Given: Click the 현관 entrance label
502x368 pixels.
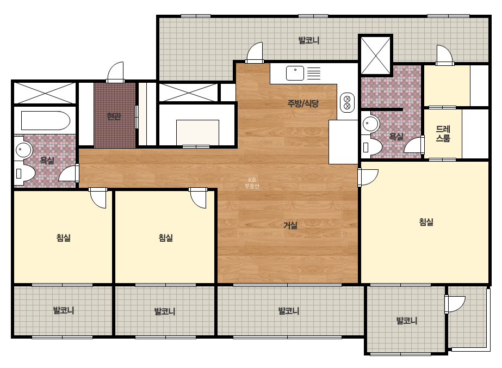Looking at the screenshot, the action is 114,116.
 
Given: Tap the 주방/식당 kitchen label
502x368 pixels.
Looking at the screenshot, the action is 303,103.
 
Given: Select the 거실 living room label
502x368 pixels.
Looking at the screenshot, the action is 290,225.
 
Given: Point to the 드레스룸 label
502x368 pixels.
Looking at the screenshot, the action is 443,134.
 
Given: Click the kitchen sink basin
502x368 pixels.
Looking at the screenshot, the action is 295,73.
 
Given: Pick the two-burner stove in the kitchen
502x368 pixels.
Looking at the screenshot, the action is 347,102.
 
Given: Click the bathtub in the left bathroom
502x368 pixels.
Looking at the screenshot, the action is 45,120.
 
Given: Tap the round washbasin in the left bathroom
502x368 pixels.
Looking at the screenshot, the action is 23,150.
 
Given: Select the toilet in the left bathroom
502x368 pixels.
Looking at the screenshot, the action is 24,174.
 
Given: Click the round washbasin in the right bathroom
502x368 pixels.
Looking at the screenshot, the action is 370,124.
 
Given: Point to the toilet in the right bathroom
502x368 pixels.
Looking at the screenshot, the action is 371,147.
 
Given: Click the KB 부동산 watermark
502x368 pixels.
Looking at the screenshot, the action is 252,183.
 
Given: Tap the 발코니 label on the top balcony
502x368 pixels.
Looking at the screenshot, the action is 308,40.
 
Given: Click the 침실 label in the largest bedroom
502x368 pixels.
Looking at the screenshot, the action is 426,222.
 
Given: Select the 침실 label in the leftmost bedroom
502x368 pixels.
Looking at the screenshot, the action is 64,238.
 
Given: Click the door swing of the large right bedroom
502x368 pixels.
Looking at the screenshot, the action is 369,177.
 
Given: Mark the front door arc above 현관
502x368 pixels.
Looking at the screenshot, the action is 115,71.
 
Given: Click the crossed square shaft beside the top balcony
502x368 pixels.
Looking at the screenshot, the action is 375,55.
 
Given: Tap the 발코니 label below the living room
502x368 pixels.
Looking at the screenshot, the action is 289,311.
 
